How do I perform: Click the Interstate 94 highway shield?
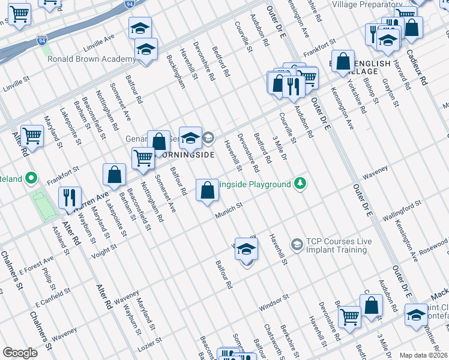coord(130,4)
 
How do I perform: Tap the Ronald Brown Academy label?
coord(92,59)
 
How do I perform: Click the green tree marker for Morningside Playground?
coord(300,184)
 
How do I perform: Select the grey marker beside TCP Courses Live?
coord(297,244)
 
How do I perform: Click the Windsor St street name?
coord(274,302)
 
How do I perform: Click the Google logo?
coord(20,352)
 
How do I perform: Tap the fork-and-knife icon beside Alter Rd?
coord(70,197)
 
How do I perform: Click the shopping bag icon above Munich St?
coord(207,190)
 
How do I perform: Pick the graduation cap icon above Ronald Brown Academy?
coord(140,28)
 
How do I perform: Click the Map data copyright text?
coord(424,355)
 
